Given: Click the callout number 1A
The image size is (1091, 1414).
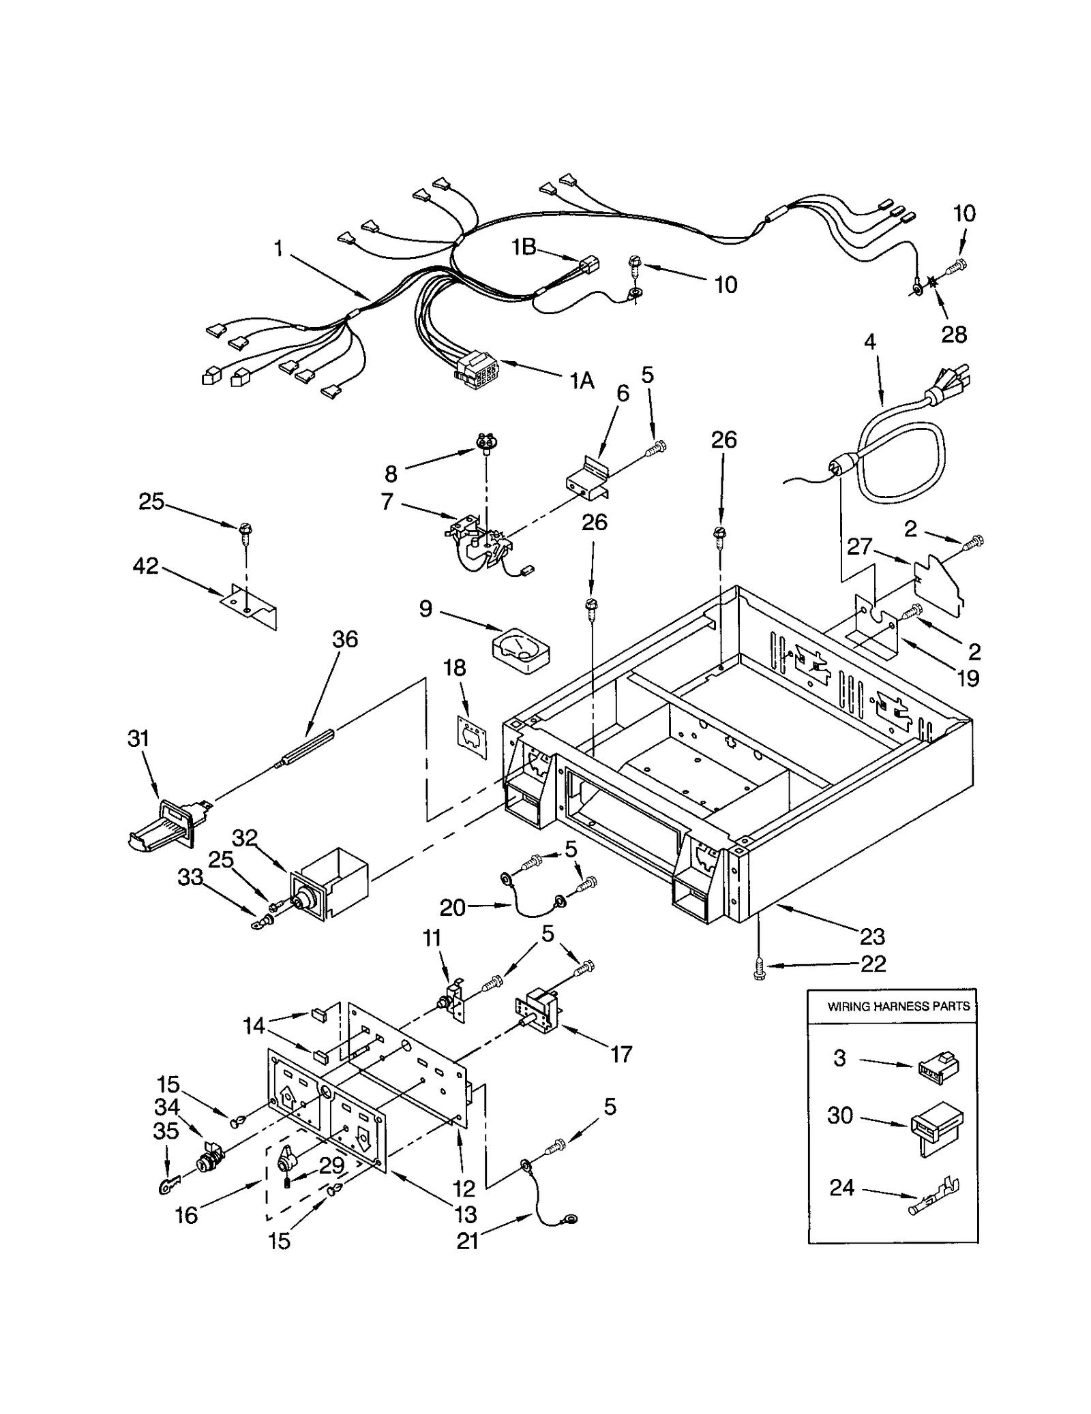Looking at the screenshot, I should tap(582, 381).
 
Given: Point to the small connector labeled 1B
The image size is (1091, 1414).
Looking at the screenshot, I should tap(588, 264).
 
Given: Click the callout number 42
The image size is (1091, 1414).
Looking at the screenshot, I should tap(145, 566).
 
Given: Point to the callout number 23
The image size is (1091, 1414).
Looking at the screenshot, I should tap(872, 937).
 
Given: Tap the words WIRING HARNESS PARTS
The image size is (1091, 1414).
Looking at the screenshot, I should tap(898, 1006).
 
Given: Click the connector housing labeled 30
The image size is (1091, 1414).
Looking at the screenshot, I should tap(936, 1127).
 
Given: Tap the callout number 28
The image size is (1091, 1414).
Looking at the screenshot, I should tap(954, 334).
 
